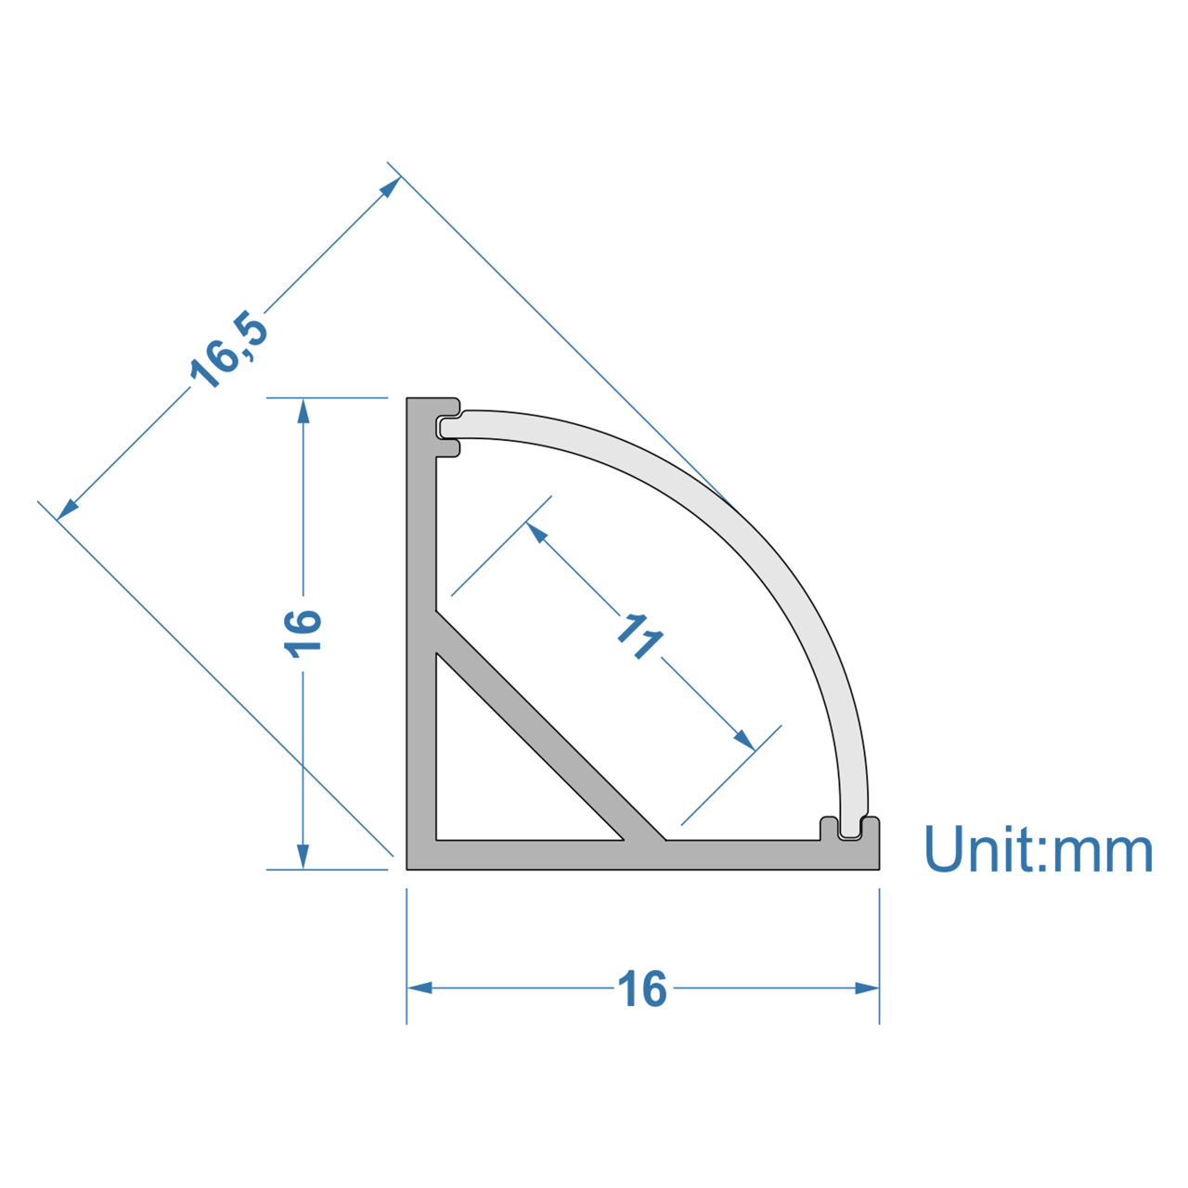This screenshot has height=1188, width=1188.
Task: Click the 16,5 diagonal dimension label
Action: tap(228, 350)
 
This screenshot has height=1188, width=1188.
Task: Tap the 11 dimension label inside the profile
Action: tap(639, 637)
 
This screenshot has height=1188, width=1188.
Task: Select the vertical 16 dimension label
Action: tap(303, 634)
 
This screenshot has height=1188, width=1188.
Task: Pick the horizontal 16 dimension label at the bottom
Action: tap(641, 988)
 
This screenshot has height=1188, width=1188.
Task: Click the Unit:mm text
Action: tap(1039, 848)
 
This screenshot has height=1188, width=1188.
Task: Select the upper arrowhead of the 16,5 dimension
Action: tap(391, 187)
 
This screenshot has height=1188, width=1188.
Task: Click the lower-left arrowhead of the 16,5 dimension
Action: tap(68, 510)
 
